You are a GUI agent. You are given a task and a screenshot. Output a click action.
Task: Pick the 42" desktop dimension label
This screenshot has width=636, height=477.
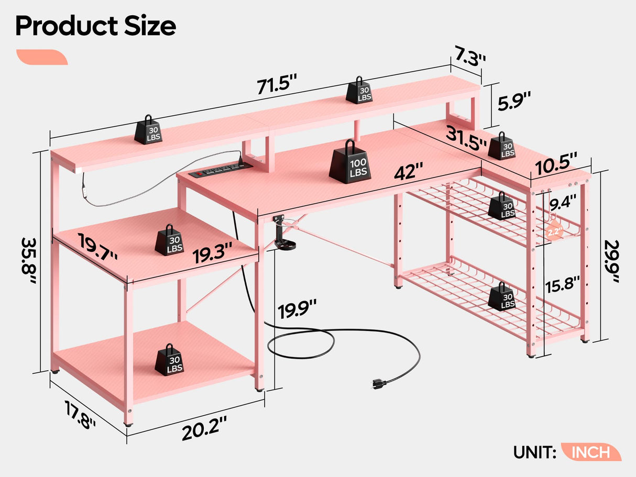(410, 171)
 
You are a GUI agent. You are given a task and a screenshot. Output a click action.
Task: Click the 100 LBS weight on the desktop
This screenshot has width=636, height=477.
(350, 162)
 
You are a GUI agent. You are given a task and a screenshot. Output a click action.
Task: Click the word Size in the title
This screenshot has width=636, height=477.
(143, 27)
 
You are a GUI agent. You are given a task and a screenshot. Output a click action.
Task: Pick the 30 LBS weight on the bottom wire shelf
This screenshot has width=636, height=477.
(501, 297)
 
